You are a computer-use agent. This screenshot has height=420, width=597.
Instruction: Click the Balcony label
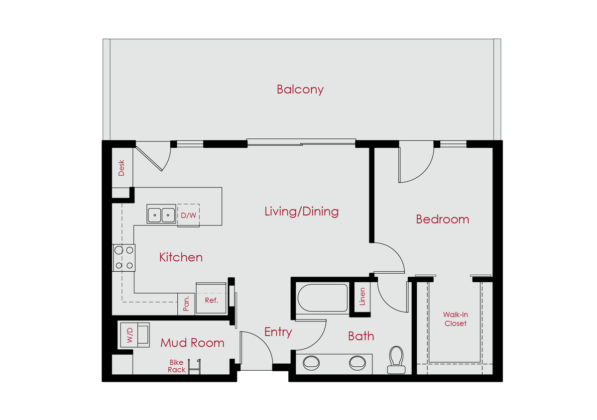[x=300, y=90]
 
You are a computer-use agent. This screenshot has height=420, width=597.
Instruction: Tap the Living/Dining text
[x=301, y=211]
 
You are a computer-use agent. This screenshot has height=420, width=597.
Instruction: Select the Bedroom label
[x=442, y=219]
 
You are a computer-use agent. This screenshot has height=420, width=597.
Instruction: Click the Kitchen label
[x=181, y=257]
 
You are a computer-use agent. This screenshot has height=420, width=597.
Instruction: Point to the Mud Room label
[x=192, y=343]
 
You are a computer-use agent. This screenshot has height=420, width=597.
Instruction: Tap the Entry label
[x=278, y=332]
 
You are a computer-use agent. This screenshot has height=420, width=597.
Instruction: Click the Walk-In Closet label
[x=456, y=319]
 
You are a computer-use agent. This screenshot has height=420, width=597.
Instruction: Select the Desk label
[x=121, y=168]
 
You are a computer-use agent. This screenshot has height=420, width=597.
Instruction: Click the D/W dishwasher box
[x=188, y=215]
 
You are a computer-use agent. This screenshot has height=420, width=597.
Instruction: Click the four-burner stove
[x=124, y=258]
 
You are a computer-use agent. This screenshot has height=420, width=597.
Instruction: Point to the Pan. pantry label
[x=186, y=303]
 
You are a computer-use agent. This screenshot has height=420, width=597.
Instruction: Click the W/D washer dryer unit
[x=133, y=335]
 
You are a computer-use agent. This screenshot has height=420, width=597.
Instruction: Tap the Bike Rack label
[x=176, y=366]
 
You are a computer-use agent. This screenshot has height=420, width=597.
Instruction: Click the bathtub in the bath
[x=322, y=298]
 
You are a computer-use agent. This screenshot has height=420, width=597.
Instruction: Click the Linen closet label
[x=362, y=297]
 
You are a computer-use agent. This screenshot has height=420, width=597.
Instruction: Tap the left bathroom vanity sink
[x=312, y=362]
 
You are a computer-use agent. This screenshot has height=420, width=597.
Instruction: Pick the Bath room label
[x=361, y=336]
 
